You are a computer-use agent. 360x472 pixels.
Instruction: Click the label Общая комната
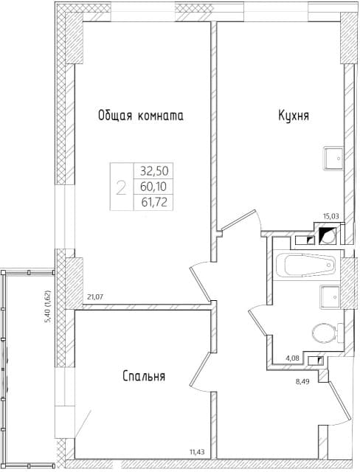tap(140, 116)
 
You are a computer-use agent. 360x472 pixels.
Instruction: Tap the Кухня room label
tap(293, 116)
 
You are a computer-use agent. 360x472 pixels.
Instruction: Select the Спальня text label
tap(143, 376)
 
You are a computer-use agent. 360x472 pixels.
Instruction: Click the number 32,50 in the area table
tap(152, 170)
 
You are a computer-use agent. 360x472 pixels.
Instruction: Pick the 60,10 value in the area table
tap(152, 184)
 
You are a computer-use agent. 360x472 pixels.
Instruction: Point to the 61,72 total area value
tap(152, 200)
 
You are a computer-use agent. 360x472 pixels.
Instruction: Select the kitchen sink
tap(333, 156)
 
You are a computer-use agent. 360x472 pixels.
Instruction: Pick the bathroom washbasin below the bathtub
tap(329, 297)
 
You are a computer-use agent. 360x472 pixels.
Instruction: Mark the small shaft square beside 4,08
tap(318, 360)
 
